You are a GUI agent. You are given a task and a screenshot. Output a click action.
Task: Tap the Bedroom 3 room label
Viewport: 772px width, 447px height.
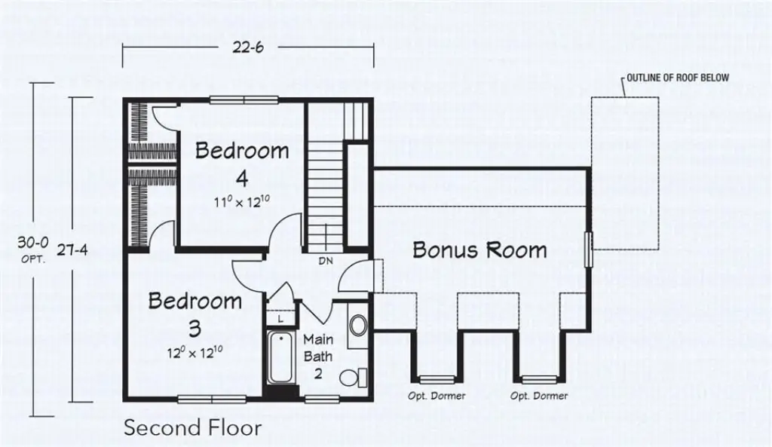195,314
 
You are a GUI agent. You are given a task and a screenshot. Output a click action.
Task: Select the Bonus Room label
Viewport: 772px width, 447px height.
479,250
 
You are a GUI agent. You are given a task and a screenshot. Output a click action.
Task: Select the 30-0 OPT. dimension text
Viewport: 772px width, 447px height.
33,249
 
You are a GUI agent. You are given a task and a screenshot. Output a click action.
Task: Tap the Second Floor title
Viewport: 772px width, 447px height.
192,428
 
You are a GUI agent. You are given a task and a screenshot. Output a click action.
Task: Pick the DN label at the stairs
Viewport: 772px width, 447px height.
326,260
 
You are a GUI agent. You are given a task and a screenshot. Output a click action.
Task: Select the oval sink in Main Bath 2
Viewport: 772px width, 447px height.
359,326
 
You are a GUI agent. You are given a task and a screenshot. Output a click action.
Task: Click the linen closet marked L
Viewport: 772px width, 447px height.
280,319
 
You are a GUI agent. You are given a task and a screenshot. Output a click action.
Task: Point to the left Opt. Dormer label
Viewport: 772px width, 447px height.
437,396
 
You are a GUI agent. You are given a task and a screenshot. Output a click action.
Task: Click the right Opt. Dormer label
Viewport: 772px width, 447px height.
539,396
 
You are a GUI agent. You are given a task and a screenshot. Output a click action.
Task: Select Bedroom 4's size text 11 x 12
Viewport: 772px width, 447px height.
242,202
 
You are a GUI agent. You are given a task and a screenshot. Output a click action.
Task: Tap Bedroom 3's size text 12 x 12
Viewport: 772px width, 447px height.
195,353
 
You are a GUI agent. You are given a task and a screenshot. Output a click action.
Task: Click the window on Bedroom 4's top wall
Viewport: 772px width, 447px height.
244,100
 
